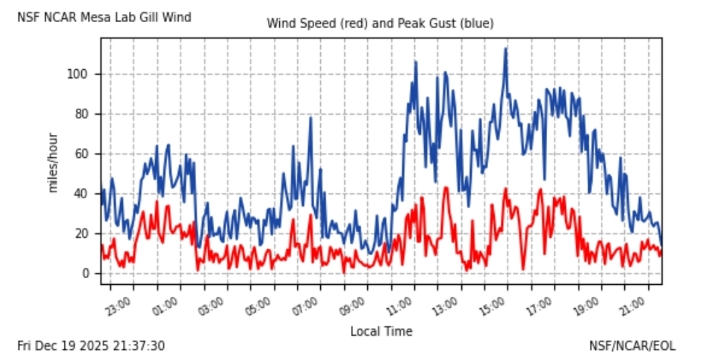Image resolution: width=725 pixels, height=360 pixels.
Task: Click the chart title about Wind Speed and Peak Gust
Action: point(380,24)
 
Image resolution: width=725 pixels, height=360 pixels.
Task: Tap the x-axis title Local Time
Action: point(381,331)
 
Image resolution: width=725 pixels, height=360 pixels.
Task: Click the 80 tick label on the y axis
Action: point(81,114)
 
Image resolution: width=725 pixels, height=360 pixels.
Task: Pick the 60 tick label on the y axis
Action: point(81,154)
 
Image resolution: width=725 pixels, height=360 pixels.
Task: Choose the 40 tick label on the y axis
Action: point(81,193)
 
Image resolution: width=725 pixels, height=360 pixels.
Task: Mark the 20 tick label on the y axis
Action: point(81,234)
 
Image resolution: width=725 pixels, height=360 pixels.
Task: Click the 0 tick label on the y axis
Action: point(85,273)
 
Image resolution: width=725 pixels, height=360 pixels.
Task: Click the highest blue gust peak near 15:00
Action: point(505,48)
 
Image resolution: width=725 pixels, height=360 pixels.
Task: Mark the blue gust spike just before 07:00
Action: point(310,118)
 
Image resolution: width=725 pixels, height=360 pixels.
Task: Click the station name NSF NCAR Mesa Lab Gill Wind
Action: point(104,17)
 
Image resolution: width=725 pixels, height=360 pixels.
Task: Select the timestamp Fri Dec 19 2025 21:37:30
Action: point(91,346)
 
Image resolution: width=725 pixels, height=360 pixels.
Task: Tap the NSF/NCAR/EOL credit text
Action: point(632,346)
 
